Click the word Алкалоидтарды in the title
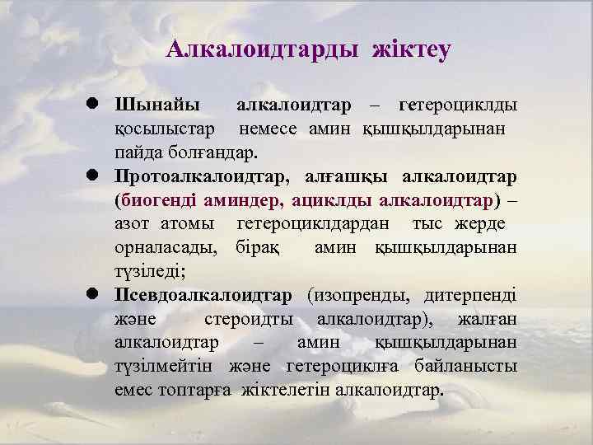click(261, 50)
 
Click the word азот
click(133, 224)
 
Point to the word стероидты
click(246, 318)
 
